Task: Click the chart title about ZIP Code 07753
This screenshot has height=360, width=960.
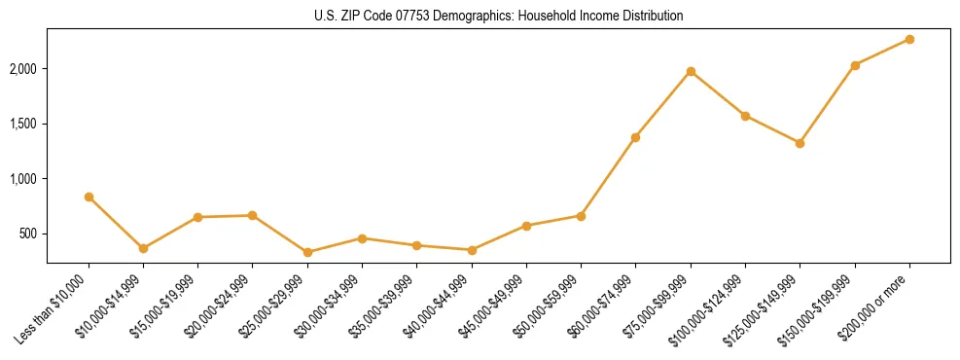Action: coord(498,17)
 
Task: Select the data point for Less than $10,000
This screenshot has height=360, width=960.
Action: coord(89,197)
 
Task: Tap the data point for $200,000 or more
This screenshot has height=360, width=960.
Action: coord(909,39)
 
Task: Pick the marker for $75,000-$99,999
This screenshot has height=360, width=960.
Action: coord(691,71)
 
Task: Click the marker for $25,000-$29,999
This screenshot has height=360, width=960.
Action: coord(307,252)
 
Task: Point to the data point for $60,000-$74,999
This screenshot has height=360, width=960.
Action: coord(635,137)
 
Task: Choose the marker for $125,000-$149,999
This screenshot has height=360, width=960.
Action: coord(800,143)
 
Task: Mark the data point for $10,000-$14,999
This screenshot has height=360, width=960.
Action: coord(143,248)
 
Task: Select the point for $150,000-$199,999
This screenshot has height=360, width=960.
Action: coord(855,65)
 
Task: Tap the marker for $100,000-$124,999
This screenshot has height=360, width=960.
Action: coord(745,116)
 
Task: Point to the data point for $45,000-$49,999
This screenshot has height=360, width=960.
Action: coord(526,226)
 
